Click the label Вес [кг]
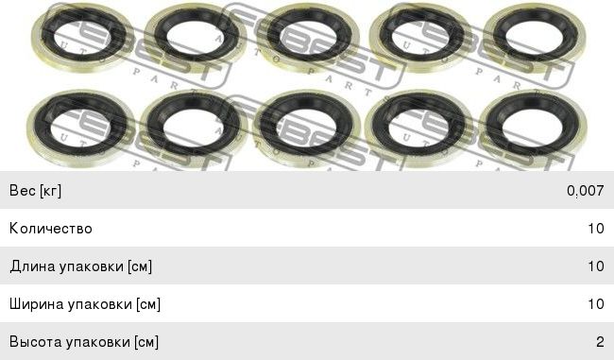(35, 191)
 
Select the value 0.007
(585, 191)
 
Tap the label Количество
(51, 229)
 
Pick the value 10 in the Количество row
(596, 229)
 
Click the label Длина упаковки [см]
(81, 266)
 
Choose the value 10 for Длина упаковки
(596, 266)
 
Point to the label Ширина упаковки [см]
(85, 304)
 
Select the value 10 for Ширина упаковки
(596, 304)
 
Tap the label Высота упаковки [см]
(84, 342)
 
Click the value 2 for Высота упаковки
(600, 342)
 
